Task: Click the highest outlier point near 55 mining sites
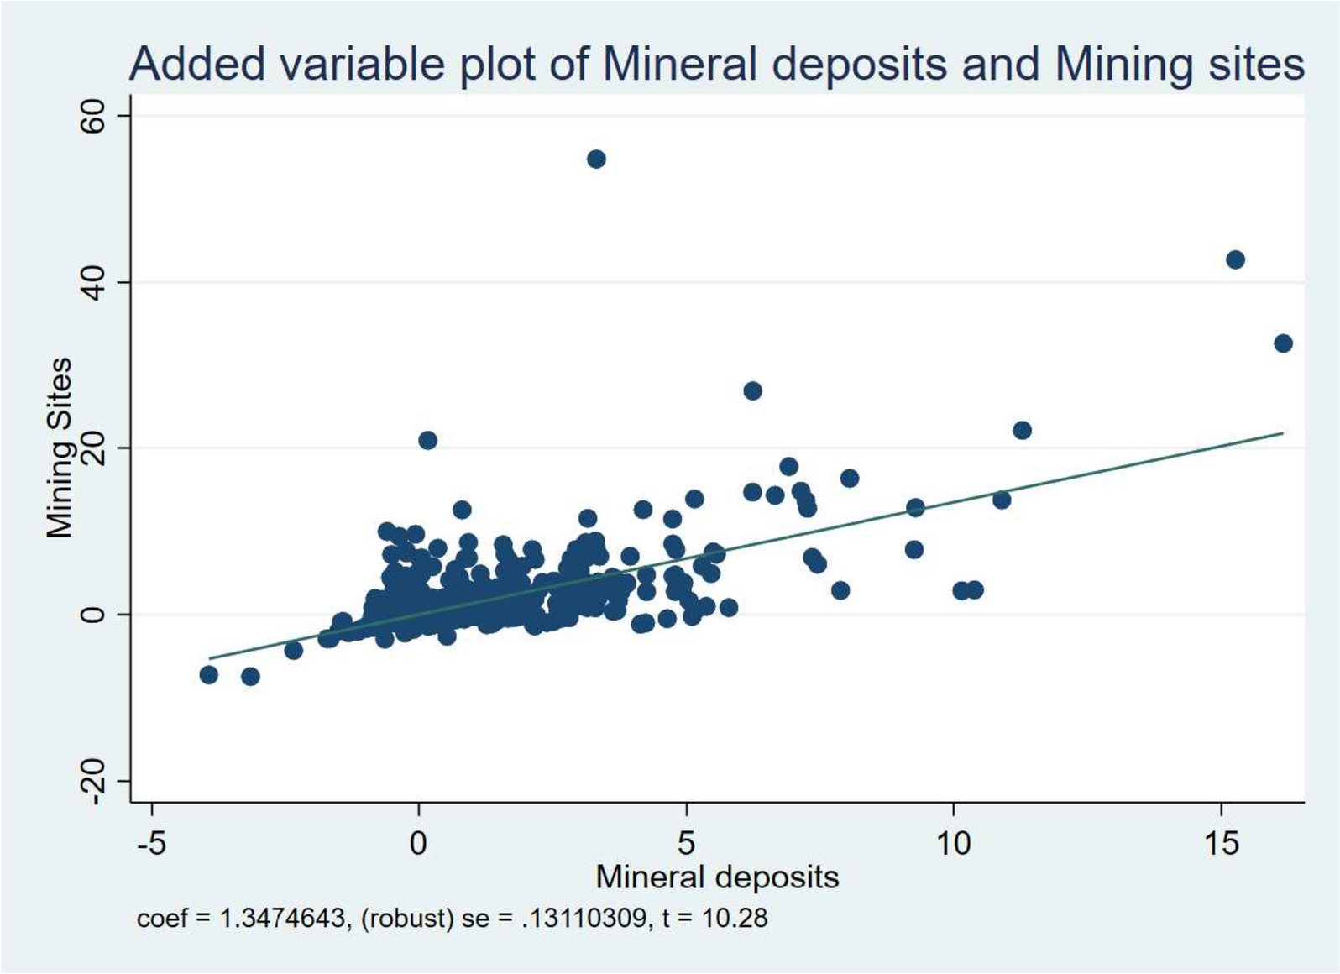click(596, 160)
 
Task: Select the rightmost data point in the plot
click(1283, 343)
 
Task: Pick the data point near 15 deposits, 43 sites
click(1235, 260)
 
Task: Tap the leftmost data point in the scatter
click(209, 675)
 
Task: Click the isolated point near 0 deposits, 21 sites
click(427, 441)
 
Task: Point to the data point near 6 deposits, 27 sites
click(752, 391)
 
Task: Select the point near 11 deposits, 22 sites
click(1022, 431)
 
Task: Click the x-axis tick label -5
click(151, 842)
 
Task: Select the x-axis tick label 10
click(953, 842)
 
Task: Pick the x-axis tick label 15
click(1221, 842)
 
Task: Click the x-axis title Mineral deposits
click(717, 877)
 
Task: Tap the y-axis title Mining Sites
click(60, 448)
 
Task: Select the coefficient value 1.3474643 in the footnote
click(282, 919)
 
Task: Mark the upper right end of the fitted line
click(1282, 433)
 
